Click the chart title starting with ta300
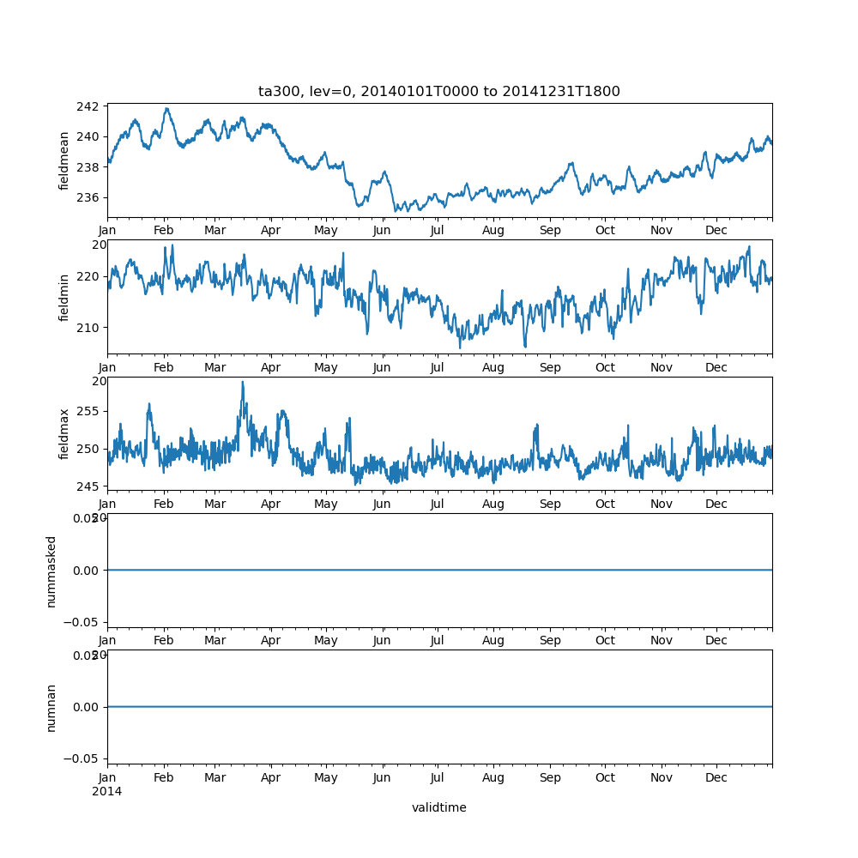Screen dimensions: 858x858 click(438, 91)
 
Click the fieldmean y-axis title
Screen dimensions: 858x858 click(64, 160)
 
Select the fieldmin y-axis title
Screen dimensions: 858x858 click(64, 297)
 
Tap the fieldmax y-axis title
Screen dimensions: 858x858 click(64, 434)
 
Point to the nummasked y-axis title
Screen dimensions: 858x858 click(51, 571)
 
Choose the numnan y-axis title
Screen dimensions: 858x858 click(51, 708)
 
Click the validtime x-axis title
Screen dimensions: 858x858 click(438, 807)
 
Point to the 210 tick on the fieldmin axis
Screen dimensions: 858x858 click(90, 327)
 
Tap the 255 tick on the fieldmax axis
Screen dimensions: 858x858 click(90, 411)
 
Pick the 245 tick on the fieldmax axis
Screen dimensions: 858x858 click(90, 486)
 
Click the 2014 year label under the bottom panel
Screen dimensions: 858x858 click(107, 791)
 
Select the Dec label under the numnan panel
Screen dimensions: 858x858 click(716, 778)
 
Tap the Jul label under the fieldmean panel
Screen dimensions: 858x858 click(438, 231)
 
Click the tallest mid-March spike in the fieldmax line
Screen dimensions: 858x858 click(242, 382)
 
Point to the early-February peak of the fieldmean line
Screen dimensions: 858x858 click(166, 109)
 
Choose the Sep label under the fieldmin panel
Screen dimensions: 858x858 click(549, 368)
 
